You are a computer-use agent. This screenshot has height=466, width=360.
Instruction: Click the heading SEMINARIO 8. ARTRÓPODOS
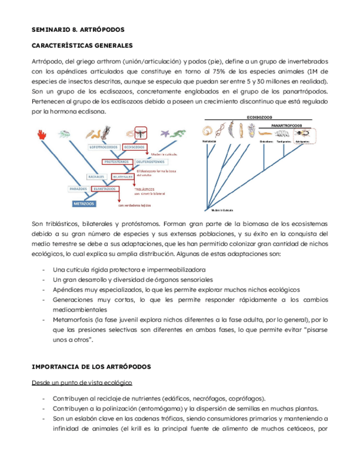[78, 29]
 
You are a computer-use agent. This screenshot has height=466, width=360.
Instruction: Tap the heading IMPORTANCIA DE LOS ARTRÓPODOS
[91, 366]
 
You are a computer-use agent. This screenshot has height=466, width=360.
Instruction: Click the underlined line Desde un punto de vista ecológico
[82, 382]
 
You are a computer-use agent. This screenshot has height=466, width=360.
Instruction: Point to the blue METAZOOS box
[83, 203]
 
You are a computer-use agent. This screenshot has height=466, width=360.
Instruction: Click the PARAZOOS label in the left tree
[79, 188]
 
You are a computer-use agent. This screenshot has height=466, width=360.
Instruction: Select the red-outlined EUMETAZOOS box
[104, 188]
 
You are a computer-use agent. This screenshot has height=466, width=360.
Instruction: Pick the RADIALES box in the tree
[97, 177]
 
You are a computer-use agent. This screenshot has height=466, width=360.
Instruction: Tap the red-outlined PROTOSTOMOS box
[116, 162]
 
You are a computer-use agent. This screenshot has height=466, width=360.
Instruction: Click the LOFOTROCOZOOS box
[105, 147]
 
